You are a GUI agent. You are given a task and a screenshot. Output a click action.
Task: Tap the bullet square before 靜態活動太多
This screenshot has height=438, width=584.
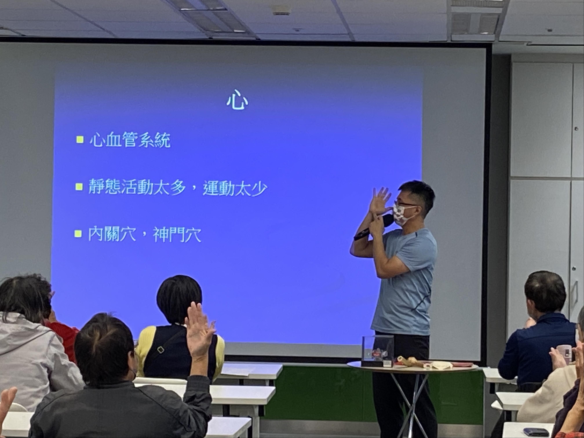pyautogui.click(x=79, y=187)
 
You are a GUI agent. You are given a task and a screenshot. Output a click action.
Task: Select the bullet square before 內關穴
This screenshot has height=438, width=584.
pyautogui.click(x=78, y=234)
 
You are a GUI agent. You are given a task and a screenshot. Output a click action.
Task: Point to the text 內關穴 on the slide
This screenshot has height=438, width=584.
pyautogui.click(x=112, y=234)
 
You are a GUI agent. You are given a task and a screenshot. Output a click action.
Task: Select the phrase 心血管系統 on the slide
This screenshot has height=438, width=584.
pyautogui.click(x=130, y=140)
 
